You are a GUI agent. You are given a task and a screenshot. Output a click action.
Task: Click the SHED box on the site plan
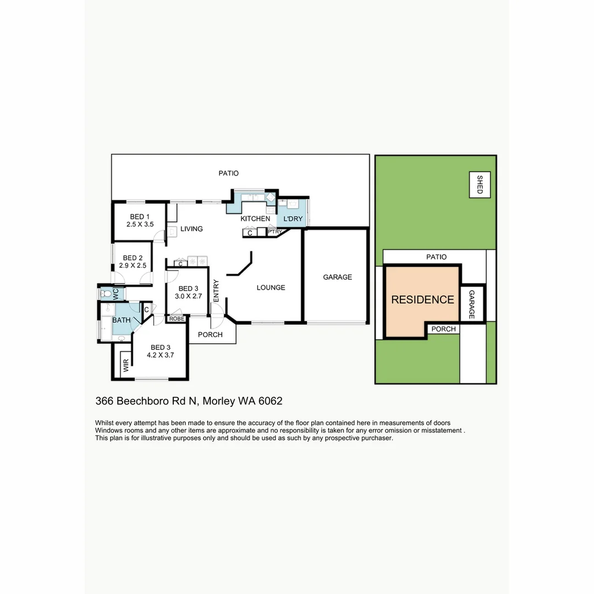(480, 184)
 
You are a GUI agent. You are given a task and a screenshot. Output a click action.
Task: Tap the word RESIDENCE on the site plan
(422, 300)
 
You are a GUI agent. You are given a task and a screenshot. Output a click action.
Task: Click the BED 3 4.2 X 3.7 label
(161, 351)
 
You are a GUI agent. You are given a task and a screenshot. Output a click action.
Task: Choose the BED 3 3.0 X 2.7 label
(188, 293)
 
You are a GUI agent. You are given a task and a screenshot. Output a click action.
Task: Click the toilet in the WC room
(106, 294)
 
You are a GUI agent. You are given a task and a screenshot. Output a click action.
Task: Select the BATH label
(122, 320)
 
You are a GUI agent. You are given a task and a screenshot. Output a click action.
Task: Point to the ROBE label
(177, 319)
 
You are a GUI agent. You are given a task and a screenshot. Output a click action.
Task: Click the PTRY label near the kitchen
(274, 233)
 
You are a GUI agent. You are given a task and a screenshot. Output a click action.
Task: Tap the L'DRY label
(293, 219)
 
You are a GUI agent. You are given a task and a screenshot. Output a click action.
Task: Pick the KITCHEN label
(255, 219)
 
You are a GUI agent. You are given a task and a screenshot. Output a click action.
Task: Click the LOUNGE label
(271, 287)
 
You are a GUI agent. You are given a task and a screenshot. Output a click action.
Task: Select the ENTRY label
(216, 291)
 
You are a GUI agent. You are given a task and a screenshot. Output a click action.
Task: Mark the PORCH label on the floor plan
(210, 334)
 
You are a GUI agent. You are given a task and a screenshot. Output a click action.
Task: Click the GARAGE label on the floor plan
(337, 277)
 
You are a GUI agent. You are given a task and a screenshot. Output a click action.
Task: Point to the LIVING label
(191, 229)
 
